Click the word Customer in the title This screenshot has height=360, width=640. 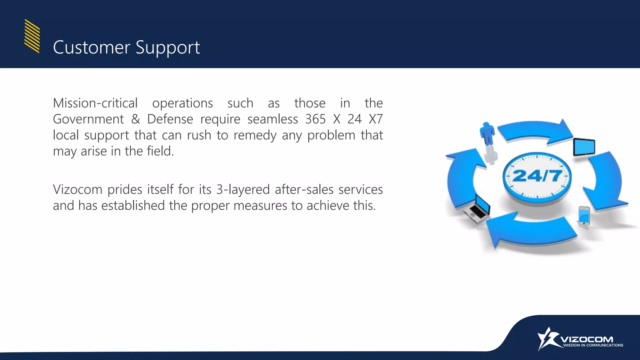pyautogui.click(x=91, y=47)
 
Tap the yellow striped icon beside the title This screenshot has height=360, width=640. pyautogui.click(x=32, y=36)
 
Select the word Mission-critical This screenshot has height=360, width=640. pyautogui.click(x=95, y=103)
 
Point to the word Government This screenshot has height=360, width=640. pyautogui.click(x=88, y=119)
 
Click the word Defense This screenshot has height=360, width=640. pyautogui.click(x=170, y=119)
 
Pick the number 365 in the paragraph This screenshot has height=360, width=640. pyautogui.click(x=315, y=119)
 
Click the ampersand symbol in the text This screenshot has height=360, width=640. pyautogui.click(x=135, y=119)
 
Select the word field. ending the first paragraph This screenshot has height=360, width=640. pyautogui.click(x=160, y=151)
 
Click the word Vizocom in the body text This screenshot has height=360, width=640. pyautogui.click(x=77, y=190)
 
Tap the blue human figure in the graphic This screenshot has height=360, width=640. pyautogui.click(x=487, y=134)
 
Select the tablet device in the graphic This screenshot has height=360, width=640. pyautogui.click(x=584, y=147)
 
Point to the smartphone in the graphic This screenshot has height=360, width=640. pyautogui.click(x=584, y=216)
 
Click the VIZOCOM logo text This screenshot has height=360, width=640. pyautogui.click(x=587, y=339)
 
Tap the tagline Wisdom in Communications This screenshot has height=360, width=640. pyautogui.click(x=593, y=345)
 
